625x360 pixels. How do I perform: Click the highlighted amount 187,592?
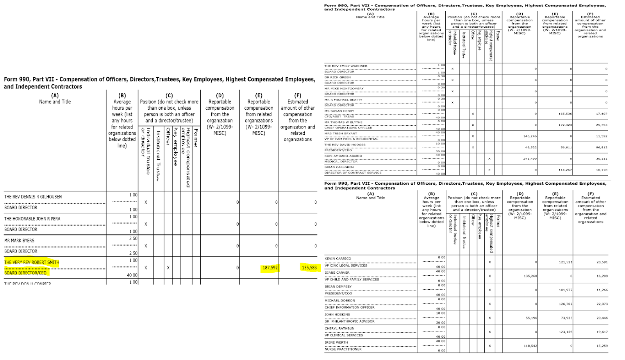coord(270,268)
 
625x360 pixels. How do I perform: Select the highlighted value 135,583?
coord(309,268)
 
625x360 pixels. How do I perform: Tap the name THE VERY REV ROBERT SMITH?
coord(32,262)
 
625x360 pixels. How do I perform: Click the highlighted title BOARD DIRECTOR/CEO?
coord(25,273)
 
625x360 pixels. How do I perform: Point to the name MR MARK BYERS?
coord(19,241)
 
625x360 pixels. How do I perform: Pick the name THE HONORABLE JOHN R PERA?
coord(32,219)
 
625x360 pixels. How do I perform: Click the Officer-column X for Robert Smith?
coord(168,268)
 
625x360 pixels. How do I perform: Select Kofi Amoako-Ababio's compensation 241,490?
coord(530,159)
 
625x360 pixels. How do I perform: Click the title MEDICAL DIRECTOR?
coord(341,161)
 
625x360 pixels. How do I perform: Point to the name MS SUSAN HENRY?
coord(339,111)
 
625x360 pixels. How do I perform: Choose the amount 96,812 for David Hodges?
coord(601,148)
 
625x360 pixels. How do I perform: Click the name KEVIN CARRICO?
coord(338,258)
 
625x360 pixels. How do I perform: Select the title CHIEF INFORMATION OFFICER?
coord(350,307)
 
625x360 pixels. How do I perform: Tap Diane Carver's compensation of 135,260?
coord(530,276)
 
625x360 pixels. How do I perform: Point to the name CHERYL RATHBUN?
coord(339,328)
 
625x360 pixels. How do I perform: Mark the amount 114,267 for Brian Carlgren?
coord(565,170)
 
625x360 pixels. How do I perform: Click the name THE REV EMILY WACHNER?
coord(346,66)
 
